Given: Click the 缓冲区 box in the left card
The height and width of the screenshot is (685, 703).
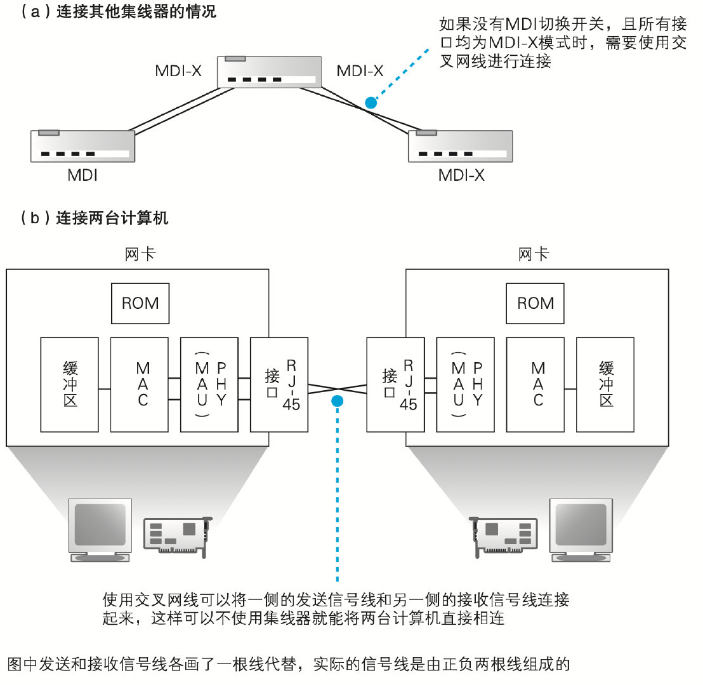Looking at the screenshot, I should [69, 384].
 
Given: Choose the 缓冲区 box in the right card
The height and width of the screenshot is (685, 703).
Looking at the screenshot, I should [605, 384].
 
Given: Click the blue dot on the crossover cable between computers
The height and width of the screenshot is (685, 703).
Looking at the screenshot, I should [338, 401].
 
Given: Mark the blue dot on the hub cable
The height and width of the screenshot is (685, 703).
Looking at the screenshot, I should [372, 101].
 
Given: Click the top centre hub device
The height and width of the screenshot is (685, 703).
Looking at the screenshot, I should [269, 72].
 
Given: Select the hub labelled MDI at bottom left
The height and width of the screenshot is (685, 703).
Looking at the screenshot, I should [82, 147].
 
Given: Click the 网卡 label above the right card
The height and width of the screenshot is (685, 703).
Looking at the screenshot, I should [533, 255].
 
